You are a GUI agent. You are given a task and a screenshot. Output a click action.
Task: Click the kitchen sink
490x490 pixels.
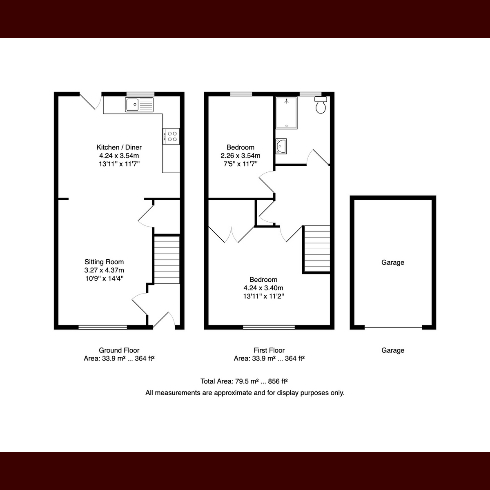pos(139,105)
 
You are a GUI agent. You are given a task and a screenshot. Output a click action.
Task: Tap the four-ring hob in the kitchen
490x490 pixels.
pos(171,136)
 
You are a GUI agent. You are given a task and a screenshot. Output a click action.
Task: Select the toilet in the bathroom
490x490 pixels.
pos(321,105)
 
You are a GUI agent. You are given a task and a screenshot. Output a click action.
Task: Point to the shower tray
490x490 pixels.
pos(287,113)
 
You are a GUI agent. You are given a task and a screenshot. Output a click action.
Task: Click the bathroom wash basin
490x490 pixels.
pos(281,146)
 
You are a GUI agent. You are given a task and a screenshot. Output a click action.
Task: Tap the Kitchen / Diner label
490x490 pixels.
pos(119,147)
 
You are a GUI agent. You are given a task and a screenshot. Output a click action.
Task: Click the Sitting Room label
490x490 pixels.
pos(104,262)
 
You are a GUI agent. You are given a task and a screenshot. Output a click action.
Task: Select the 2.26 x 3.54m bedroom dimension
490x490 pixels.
pos(240,155)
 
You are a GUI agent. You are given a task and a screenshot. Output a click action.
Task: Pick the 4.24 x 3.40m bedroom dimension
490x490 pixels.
pos(263,288)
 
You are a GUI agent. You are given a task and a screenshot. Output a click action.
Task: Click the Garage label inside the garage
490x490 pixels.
pos(393,263)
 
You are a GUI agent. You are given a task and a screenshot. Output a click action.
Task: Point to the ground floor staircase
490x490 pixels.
pos(167,259)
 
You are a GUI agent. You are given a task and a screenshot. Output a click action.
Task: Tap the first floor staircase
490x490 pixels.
pos(317,249)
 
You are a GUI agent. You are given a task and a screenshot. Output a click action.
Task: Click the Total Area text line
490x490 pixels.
pos(244,381)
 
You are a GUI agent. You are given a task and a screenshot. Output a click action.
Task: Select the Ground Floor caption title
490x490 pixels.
pos(119,350)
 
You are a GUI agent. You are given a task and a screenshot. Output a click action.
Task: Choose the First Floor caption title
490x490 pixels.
pos(269,350)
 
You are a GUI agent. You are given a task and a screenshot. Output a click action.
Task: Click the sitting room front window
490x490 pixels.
pos(103,327)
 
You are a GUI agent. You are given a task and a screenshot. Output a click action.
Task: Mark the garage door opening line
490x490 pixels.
pos(393,327)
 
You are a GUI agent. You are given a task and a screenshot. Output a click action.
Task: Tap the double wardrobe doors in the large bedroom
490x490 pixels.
pos(232,234)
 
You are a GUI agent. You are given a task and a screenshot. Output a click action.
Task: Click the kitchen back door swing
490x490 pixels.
pos(91,101)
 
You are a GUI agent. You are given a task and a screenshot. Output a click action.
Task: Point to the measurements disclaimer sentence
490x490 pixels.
pos(245,393)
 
